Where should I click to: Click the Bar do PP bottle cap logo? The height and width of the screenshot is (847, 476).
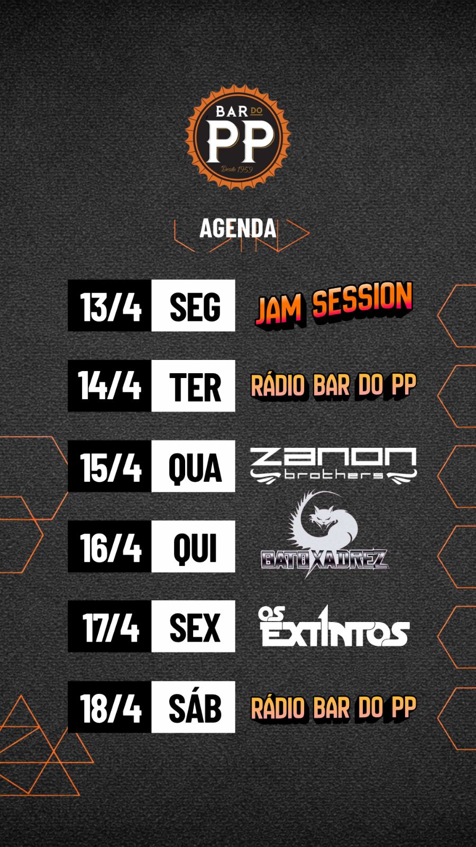[237, 137]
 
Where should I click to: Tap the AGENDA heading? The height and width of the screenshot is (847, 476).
[237, 228]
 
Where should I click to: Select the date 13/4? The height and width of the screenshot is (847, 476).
[111, 307]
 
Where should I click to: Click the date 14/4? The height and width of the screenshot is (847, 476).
[109, 386]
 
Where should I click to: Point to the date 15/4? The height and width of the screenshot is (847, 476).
[111, 466]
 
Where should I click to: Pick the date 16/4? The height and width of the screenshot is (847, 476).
[111, 547]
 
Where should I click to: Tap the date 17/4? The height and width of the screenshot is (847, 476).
[111, 627]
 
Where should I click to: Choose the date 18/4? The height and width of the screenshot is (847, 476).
[111, 708]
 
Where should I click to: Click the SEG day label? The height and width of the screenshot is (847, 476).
[195, 307]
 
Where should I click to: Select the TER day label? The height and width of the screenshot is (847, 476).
[195, 387]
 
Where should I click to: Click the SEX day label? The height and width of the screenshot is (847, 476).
[195, 628]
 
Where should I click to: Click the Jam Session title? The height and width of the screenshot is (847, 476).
[334, 304]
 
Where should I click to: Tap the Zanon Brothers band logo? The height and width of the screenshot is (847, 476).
[333, 466]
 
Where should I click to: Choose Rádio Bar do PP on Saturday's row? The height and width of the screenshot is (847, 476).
[334, 707]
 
